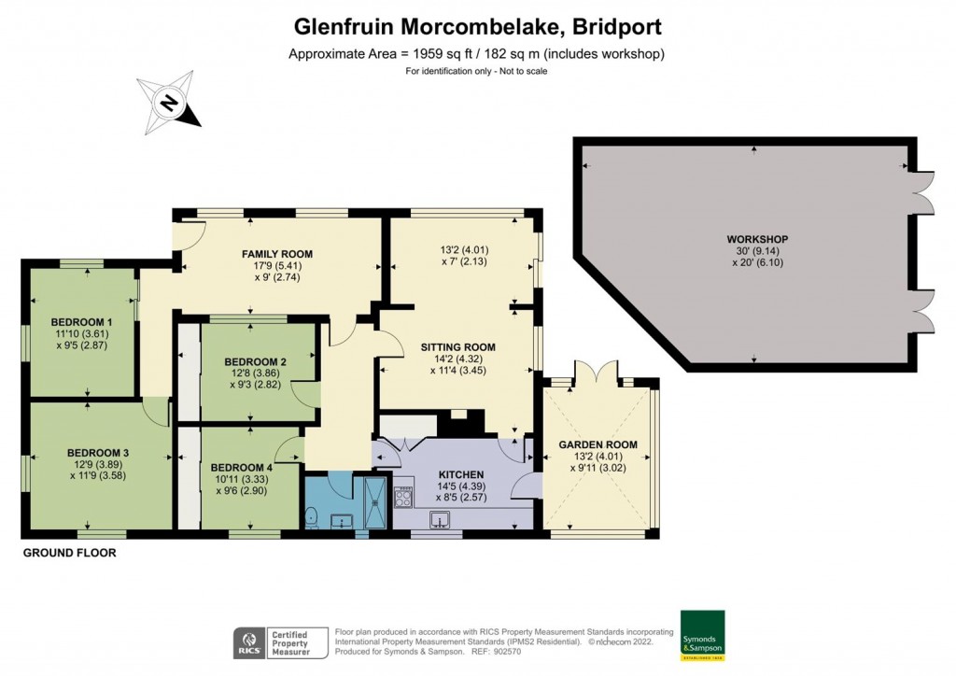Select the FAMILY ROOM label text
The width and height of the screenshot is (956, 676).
(x=276, y=254)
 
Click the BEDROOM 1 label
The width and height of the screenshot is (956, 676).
(x=82, y=323)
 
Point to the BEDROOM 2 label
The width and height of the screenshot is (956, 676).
(x=256, y=362)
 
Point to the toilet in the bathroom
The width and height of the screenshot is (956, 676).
(x=312, y=516)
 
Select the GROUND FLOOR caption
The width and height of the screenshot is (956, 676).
(x=69, y=553)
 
